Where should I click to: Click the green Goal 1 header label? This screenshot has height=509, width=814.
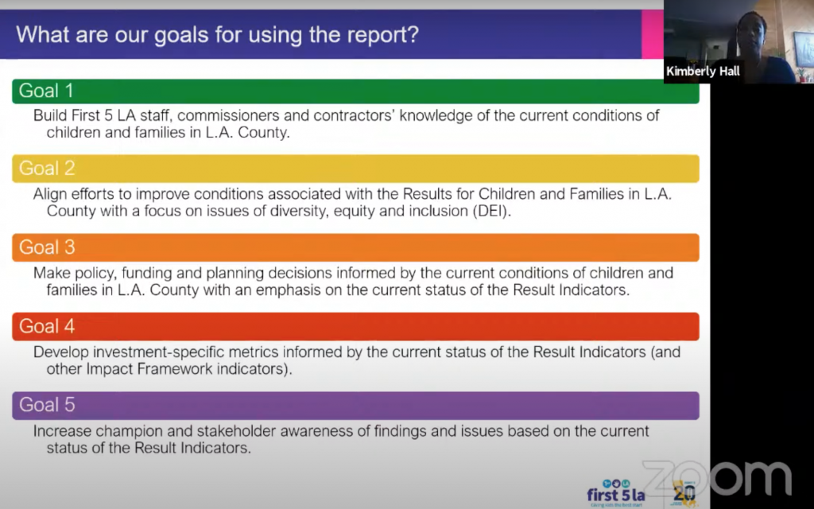click(45, 91)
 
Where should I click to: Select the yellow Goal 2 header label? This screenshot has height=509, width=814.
click(47, 169)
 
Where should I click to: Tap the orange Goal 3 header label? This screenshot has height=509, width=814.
click(47, 247)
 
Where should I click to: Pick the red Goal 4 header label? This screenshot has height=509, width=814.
click(47, 326)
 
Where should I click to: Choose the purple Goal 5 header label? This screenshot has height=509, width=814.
click(47, 405)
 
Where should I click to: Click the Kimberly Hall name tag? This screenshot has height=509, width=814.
click(703, 71)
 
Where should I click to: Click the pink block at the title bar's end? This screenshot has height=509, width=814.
click(653, 34)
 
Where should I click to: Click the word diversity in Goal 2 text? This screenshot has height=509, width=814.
click(296, 212)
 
